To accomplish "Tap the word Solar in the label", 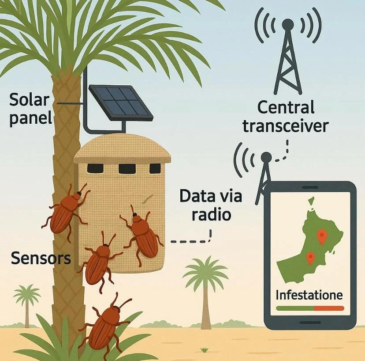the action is (x=29, y=100).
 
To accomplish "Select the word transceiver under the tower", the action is (x=285, y=126).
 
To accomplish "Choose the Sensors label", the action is (x=41, y=258).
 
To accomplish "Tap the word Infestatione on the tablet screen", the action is (x=309, y=295).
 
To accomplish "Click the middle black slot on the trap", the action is (x=126, y=168).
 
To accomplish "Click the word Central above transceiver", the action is (x=286, y=107).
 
